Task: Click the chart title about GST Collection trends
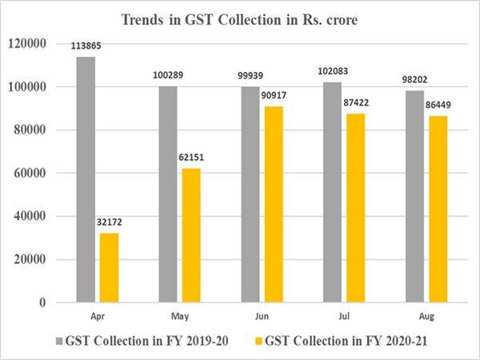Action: pyautogui.click(x=240, y=18)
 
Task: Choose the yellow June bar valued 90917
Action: pyautogui.click(x=269, y=204)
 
